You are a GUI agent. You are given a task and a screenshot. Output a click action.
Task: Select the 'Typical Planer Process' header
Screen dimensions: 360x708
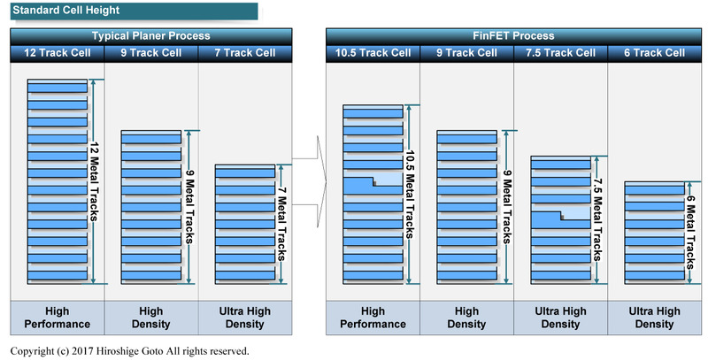click(x=151, y=36)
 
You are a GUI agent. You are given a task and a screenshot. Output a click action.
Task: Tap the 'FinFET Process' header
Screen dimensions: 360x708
click(x=514, y=36)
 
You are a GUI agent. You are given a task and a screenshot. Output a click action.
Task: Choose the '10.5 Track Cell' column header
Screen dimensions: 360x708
click(x=373, y=53)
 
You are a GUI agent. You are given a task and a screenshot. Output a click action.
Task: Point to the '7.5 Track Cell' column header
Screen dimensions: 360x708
click(x=561, y=53)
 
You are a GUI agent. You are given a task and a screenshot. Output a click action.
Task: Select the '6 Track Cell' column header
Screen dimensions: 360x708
click(x=655, y=53)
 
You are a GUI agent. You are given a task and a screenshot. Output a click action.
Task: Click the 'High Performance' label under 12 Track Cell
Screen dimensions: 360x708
click(x=58, y=318)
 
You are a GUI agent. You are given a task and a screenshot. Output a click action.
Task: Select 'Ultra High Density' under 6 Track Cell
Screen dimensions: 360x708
click(x=655, y=318)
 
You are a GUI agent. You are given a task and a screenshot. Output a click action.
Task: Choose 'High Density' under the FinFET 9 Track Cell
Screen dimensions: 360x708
click(x=466, y=318)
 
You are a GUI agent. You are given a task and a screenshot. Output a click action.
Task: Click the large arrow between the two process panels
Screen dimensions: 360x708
click(x=309, y=181)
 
